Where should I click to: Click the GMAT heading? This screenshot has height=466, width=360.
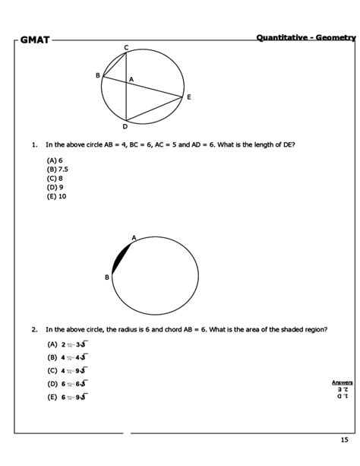click(35, 40)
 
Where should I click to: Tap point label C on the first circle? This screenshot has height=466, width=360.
click(126, 49)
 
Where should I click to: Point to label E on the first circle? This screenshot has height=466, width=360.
click(188, 97)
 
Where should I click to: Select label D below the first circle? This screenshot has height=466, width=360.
click(125, 126)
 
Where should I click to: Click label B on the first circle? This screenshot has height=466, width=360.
click(97, 75)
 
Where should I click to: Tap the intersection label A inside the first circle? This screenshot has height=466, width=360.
click(131, 79)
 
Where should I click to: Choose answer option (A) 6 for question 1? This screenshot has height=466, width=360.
click(54, 160)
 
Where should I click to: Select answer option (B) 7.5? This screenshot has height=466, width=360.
click(58, 169)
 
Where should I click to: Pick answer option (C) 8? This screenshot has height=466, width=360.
click(55, 177)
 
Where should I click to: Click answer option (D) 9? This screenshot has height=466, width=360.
click(55, 186)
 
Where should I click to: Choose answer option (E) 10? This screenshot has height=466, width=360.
click(57, 195)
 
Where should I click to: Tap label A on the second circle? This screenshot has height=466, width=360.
click(134, 238)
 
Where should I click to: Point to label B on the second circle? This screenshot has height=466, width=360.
click(107, 277)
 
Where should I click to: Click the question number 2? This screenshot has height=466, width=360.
click(34, 330)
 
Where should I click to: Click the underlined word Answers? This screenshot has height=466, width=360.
click(342, 382)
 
